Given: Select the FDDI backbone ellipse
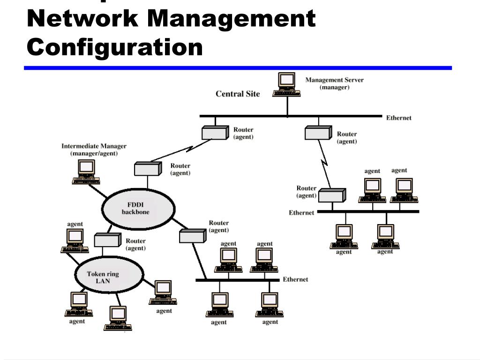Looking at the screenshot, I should (x=138, y=209).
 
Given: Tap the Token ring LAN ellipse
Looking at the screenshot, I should (x=110, y=274).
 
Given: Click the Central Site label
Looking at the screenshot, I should (x=238, y=94).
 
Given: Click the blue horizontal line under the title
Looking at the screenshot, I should (x=238, y=68).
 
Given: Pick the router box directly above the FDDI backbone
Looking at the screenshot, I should (x=147, y=168).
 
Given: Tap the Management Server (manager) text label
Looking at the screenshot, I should (x=335, y=83).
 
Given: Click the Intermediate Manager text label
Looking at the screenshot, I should (x=94, y=150).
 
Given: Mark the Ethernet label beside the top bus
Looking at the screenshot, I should (x=399, y=118).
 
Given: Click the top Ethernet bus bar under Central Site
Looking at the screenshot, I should (x=291, y=116).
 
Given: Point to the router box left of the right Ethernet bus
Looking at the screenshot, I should (x=331, y=195).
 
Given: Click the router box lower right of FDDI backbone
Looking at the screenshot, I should (x=192, y=235).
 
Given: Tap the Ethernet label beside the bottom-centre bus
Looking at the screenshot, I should (x=295, y=279).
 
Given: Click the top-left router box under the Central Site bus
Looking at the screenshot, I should (x=214, y=133).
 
